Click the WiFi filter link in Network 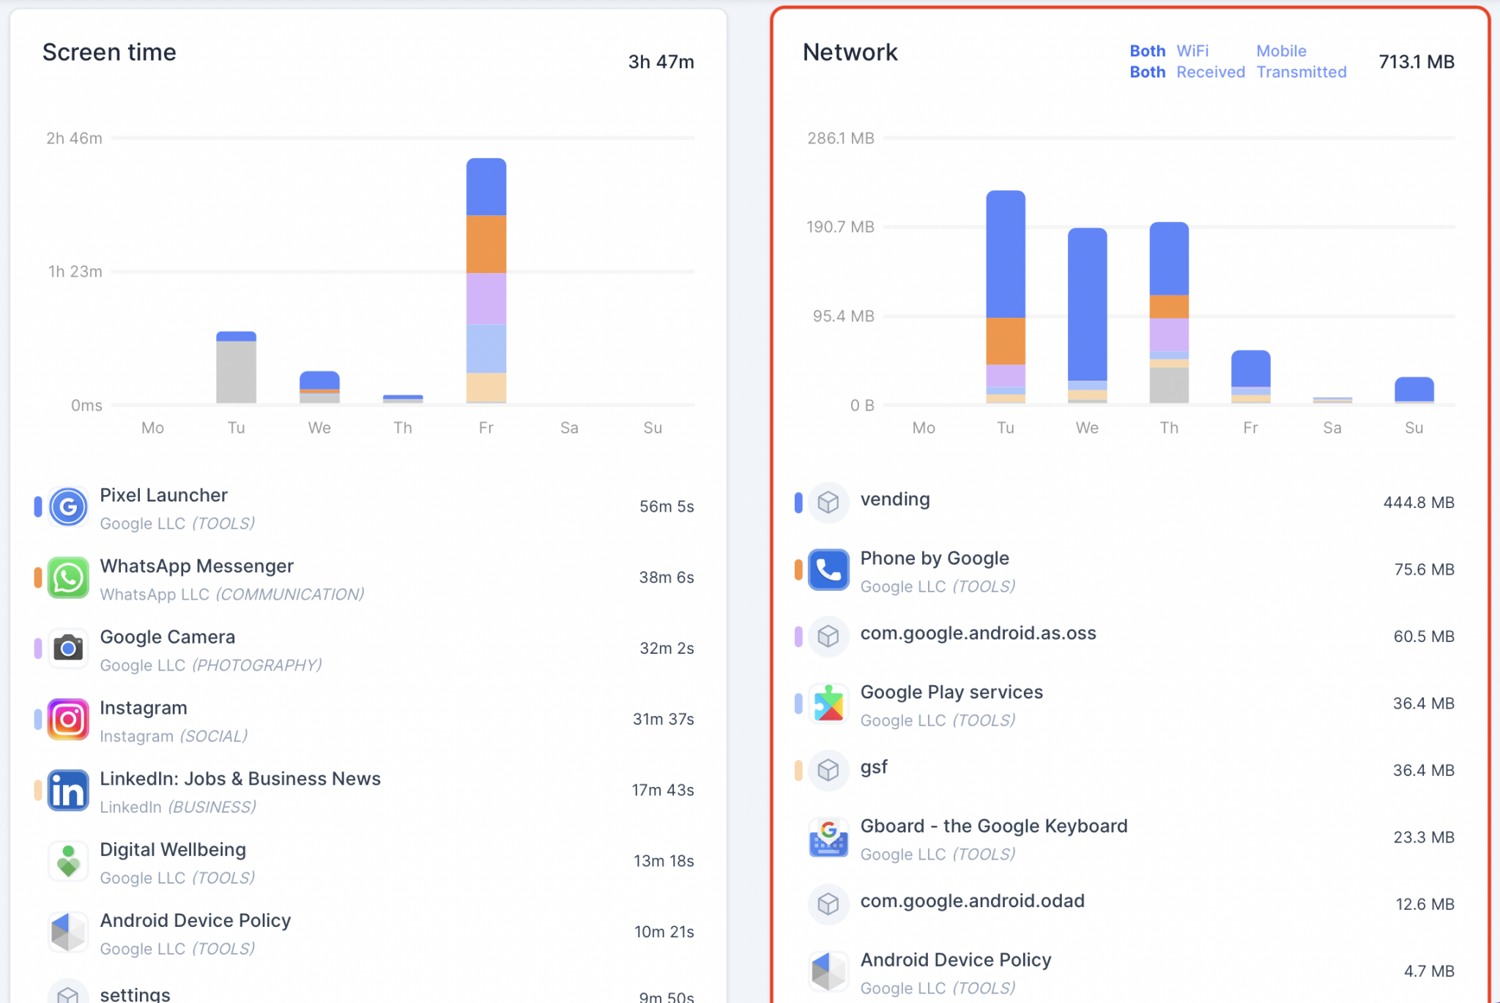[1192, 51]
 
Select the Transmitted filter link [1302, 72]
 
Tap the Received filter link [1211, 72]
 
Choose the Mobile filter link [1281, 51]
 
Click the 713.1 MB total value [1416, 62]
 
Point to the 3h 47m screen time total [661, 62]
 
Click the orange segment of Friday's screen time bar [486, 244]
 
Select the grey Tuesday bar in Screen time [236, 372]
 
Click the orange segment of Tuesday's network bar [1006, 340]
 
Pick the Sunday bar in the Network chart [1414, 389]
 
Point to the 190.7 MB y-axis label [840, 227]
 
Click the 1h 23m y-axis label [75, 272]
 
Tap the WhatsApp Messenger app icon [68, 578]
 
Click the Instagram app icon [68, 720]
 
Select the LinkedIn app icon [68, 791]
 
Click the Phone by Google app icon [828, 570]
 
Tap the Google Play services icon [828, 704]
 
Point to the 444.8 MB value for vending [1418, 503]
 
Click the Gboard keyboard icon [828, 838]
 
